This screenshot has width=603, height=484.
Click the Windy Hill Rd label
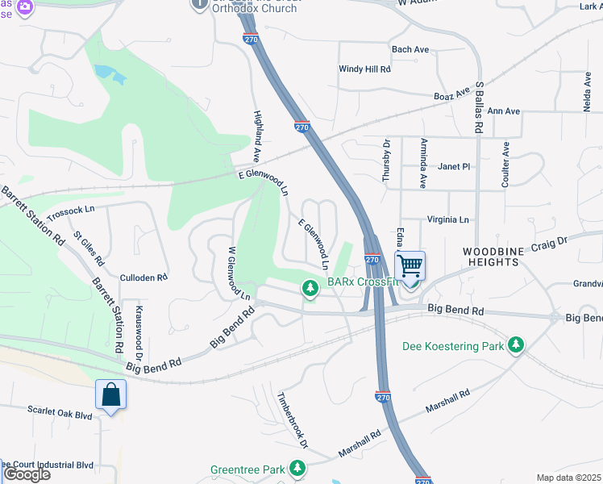(364, 69)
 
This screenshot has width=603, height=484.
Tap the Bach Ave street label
(410, 49)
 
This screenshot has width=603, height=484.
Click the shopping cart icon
(410, 265)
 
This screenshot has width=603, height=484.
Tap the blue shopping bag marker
(110, 394)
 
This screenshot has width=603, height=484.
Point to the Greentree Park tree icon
(298, 468)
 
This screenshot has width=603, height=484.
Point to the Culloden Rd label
(143, 277)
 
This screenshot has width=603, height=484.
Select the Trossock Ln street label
(71, 214)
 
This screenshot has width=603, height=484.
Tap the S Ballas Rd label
(479, 106)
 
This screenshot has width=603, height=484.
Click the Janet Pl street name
(454, 166)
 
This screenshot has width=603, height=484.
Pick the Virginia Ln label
(447, 219)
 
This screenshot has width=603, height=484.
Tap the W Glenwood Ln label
(239, 273)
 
